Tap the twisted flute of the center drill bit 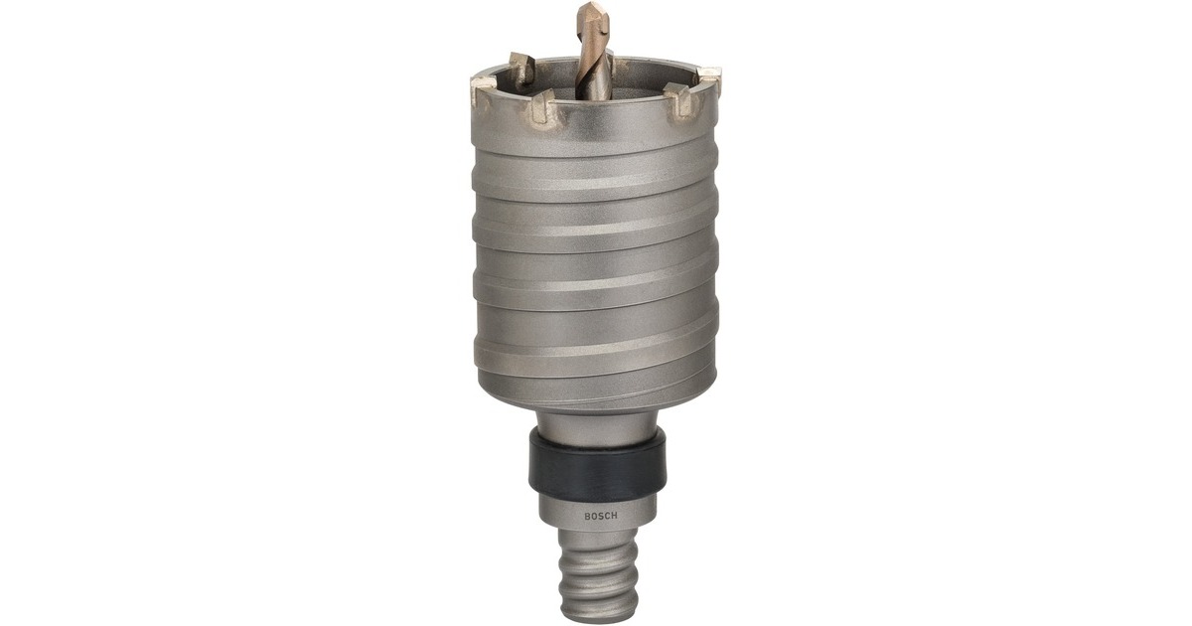(595, 55)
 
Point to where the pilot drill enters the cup (595, 93)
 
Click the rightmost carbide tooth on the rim (709, 77)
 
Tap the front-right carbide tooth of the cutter (676, 98)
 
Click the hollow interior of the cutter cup (636, 84)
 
